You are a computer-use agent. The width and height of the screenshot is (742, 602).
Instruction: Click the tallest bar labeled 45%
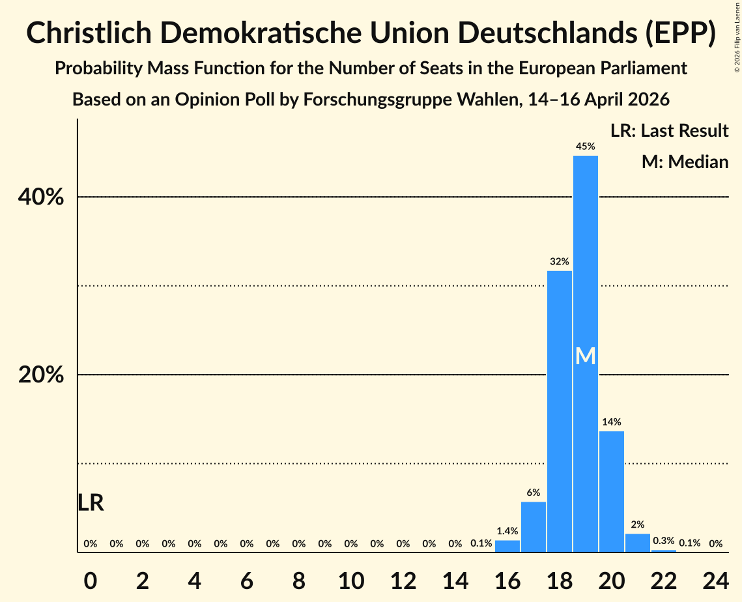point(586,354)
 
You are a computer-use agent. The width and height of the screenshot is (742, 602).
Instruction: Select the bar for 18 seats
point(560,411)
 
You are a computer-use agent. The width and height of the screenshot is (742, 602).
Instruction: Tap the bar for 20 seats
point(612,492)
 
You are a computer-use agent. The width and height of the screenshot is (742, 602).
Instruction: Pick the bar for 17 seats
point(534,526)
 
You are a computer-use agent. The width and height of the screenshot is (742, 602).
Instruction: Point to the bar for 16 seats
point(507,546)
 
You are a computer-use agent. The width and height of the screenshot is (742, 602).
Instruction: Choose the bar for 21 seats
point(637,543)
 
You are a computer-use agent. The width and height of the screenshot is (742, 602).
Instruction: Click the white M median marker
point(586,356)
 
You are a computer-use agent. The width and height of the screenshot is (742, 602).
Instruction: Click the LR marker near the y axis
point(91,502)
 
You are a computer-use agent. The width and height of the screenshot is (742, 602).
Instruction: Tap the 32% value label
point(560,261)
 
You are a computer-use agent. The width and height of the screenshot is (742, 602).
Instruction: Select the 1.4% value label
point(507,531)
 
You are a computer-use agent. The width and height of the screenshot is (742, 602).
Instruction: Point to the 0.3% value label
point(663,541)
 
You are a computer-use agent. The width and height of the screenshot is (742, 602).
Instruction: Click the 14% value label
point(612,422)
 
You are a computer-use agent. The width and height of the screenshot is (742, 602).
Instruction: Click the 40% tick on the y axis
point(40,197)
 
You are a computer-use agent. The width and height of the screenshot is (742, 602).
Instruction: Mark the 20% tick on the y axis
point(40,375)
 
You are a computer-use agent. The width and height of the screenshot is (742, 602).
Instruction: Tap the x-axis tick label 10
point(351,580)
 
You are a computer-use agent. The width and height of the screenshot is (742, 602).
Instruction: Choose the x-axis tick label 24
point(715,580)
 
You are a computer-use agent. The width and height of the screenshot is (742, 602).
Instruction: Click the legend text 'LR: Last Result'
point(670,130)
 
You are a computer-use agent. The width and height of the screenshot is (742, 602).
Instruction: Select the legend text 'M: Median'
point(685,162)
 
